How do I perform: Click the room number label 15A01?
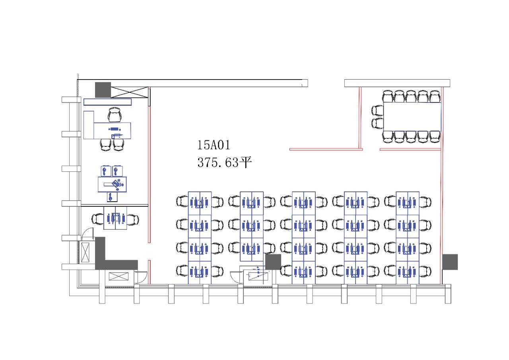[x=214, y=145]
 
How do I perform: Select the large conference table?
[x=412, y=117]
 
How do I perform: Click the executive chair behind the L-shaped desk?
[x=115, y=115]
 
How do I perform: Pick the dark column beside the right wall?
[x=450, y=262]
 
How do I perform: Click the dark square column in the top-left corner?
[x=103, y=90]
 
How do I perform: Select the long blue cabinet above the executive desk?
[x=107, y=102]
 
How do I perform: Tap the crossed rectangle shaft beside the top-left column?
[x=130, y=92]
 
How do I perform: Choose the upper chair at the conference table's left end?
[x=377, y=111]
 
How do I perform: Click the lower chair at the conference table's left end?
[x=377, y=123]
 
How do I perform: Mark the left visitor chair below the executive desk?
[x=106, y=145]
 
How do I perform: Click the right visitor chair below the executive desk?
[x=119, y=145]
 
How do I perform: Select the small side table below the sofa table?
[x=112, y=197]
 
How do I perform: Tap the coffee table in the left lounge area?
[x=112, y=184]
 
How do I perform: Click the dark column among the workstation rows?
[x=273, y=262]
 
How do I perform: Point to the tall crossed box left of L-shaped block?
[x=85, y=252]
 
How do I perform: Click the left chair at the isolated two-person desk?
[x=98, y=220]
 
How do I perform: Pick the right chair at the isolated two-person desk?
[x=133, y=220]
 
